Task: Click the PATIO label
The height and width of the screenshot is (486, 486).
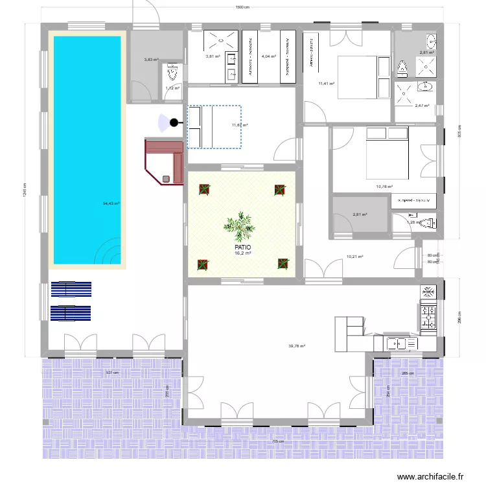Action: (243, 248)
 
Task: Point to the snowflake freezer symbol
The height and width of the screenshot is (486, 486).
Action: (428, 292)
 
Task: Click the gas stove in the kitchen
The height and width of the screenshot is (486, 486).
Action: (428, 316)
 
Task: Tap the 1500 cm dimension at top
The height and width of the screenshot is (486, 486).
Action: (243, 7)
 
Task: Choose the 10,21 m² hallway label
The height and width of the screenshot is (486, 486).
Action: (354, 257)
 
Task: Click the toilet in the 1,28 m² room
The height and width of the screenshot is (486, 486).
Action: (426, 223)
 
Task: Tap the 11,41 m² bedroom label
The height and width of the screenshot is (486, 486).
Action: (325, 84)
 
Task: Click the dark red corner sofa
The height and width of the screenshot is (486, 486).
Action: (163, 159)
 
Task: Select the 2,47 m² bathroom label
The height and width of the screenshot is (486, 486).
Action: (422, 105)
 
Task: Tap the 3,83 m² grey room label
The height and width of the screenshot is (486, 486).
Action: (150, 60)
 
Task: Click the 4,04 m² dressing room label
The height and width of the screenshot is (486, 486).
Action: (269, 57)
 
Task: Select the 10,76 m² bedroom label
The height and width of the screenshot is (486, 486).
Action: (385, 187)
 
